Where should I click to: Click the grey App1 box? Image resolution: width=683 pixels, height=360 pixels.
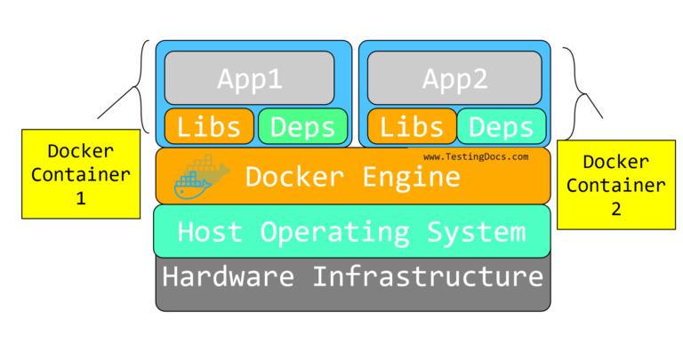(249, 79)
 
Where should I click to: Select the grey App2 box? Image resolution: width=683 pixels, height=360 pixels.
(454, 79)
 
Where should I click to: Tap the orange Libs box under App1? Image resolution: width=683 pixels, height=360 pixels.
(209, 126)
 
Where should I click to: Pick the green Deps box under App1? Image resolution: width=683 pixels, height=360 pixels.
(302, 126)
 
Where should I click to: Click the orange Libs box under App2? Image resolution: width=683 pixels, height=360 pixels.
(410, 126)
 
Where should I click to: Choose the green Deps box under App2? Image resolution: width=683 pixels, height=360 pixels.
(502, 126)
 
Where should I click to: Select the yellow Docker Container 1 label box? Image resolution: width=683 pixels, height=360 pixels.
(81, 174)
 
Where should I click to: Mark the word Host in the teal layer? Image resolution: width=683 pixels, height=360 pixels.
(211, 232)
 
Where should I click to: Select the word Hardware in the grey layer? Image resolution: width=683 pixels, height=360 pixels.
(229, 276)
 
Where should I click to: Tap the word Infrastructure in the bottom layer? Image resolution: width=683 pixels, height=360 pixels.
(428, 276)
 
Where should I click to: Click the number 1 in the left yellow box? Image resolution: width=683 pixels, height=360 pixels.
(81, 199)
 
